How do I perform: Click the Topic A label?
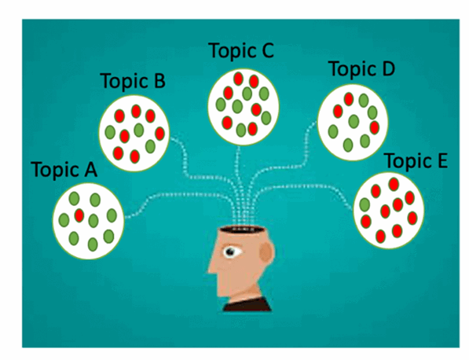[64, 170]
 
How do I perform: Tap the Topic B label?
[133, 81]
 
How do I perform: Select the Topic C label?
[241, 50]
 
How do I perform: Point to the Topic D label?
[361, 69]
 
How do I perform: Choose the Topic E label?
[416, 160]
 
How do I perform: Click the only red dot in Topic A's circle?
[79, 215]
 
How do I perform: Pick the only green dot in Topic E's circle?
[365, 204]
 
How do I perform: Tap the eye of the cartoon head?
[230, 252]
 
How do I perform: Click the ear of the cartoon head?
[266, 252]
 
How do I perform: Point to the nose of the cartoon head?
[211, 267]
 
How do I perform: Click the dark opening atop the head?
[243, 230]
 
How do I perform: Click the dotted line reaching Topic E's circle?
[302, 186]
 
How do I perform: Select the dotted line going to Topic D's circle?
[284, 167]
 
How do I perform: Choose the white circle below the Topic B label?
[134, 134]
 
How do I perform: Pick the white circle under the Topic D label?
[353, 122]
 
